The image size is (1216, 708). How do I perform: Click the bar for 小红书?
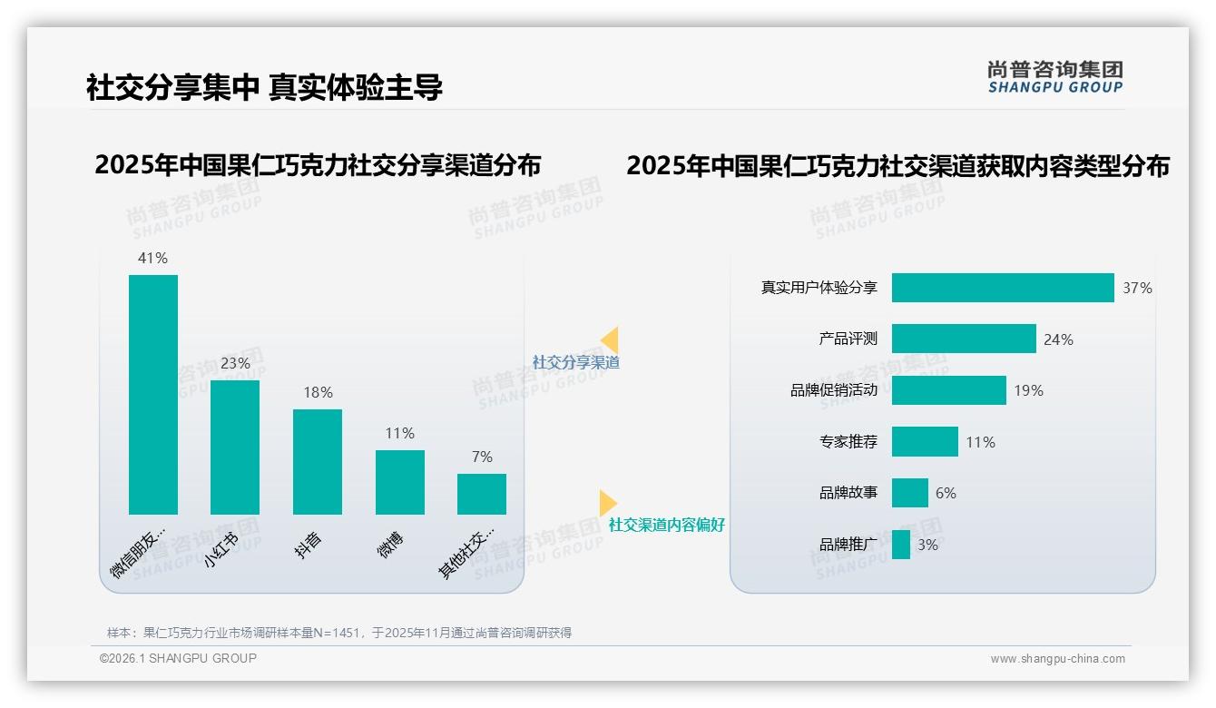(x=235, y=447)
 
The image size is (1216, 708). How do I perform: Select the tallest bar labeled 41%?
(x=153, y=394)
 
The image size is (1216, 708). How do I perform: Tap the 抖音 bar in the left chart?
(x=318, y=461)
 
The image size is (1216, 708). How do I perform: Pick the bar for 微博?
(x=400, y=482)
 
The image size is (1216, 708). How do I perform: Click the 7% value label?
(x=482, y=457)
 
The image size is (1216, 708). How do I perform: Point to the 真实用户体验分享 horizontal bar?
(x=1002, y=288)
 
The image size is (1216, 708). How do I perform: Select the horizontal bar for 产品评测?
(x=963, y=339)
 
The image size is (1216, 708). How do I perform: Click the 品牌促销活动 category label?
(x=834, y=390)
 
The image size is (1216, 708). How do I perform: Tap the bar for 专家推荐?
(x=925, y=442)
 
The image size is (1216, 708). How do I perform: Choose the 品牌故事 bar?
(x=909, y=493)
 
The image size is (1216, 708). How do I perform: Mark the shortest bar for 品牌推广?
(x=900, y=545)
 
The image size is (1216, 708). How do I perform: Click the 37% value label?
(x=1137, y=288)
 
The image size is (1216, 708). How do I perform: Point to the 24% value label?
(x=1058, y=339)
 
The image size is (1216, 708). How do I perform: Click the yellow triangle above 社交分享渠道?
(x=610, y=340)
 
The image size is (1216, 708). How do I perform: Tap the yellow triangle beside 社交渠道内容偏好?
(x=607, y=503)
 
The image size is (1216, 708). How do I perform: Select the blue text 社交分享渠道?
(x=576, y=362)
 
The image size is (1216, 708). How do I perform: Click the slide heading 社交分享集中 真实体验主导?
(x=264, y=87)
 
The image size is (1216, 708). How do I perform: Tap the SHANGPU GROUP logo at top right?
(x=1054, y=77)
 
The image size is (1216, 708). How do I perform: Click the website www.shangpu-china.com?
(x=1057, y=659)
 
